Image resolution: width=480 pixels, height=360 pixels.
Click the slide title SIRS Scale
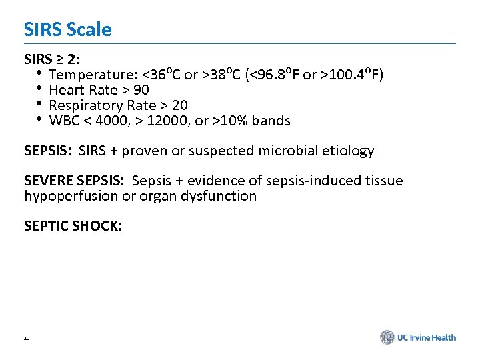[67, 30]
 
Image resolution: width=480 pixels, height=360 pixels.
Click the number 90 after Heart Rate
[141, 90]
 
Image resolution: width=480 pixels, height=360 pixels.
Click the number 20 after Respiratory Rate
[179, 105]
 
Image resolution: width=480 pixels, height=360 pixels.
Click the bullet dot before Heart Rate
[39, 89]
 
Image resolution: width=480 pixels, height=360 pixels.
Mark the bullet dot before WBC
[39, 120]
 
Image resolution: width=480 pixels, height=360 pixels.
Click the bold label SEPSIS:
[47, 151]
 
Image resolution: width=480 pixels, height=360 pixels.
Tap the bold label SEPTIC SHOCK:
[73, 227]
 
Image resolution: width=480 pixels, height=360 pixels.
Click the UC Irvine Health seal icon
[387, 337]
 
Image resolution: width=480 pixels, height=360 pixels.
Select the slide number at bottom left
[27, 339]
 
